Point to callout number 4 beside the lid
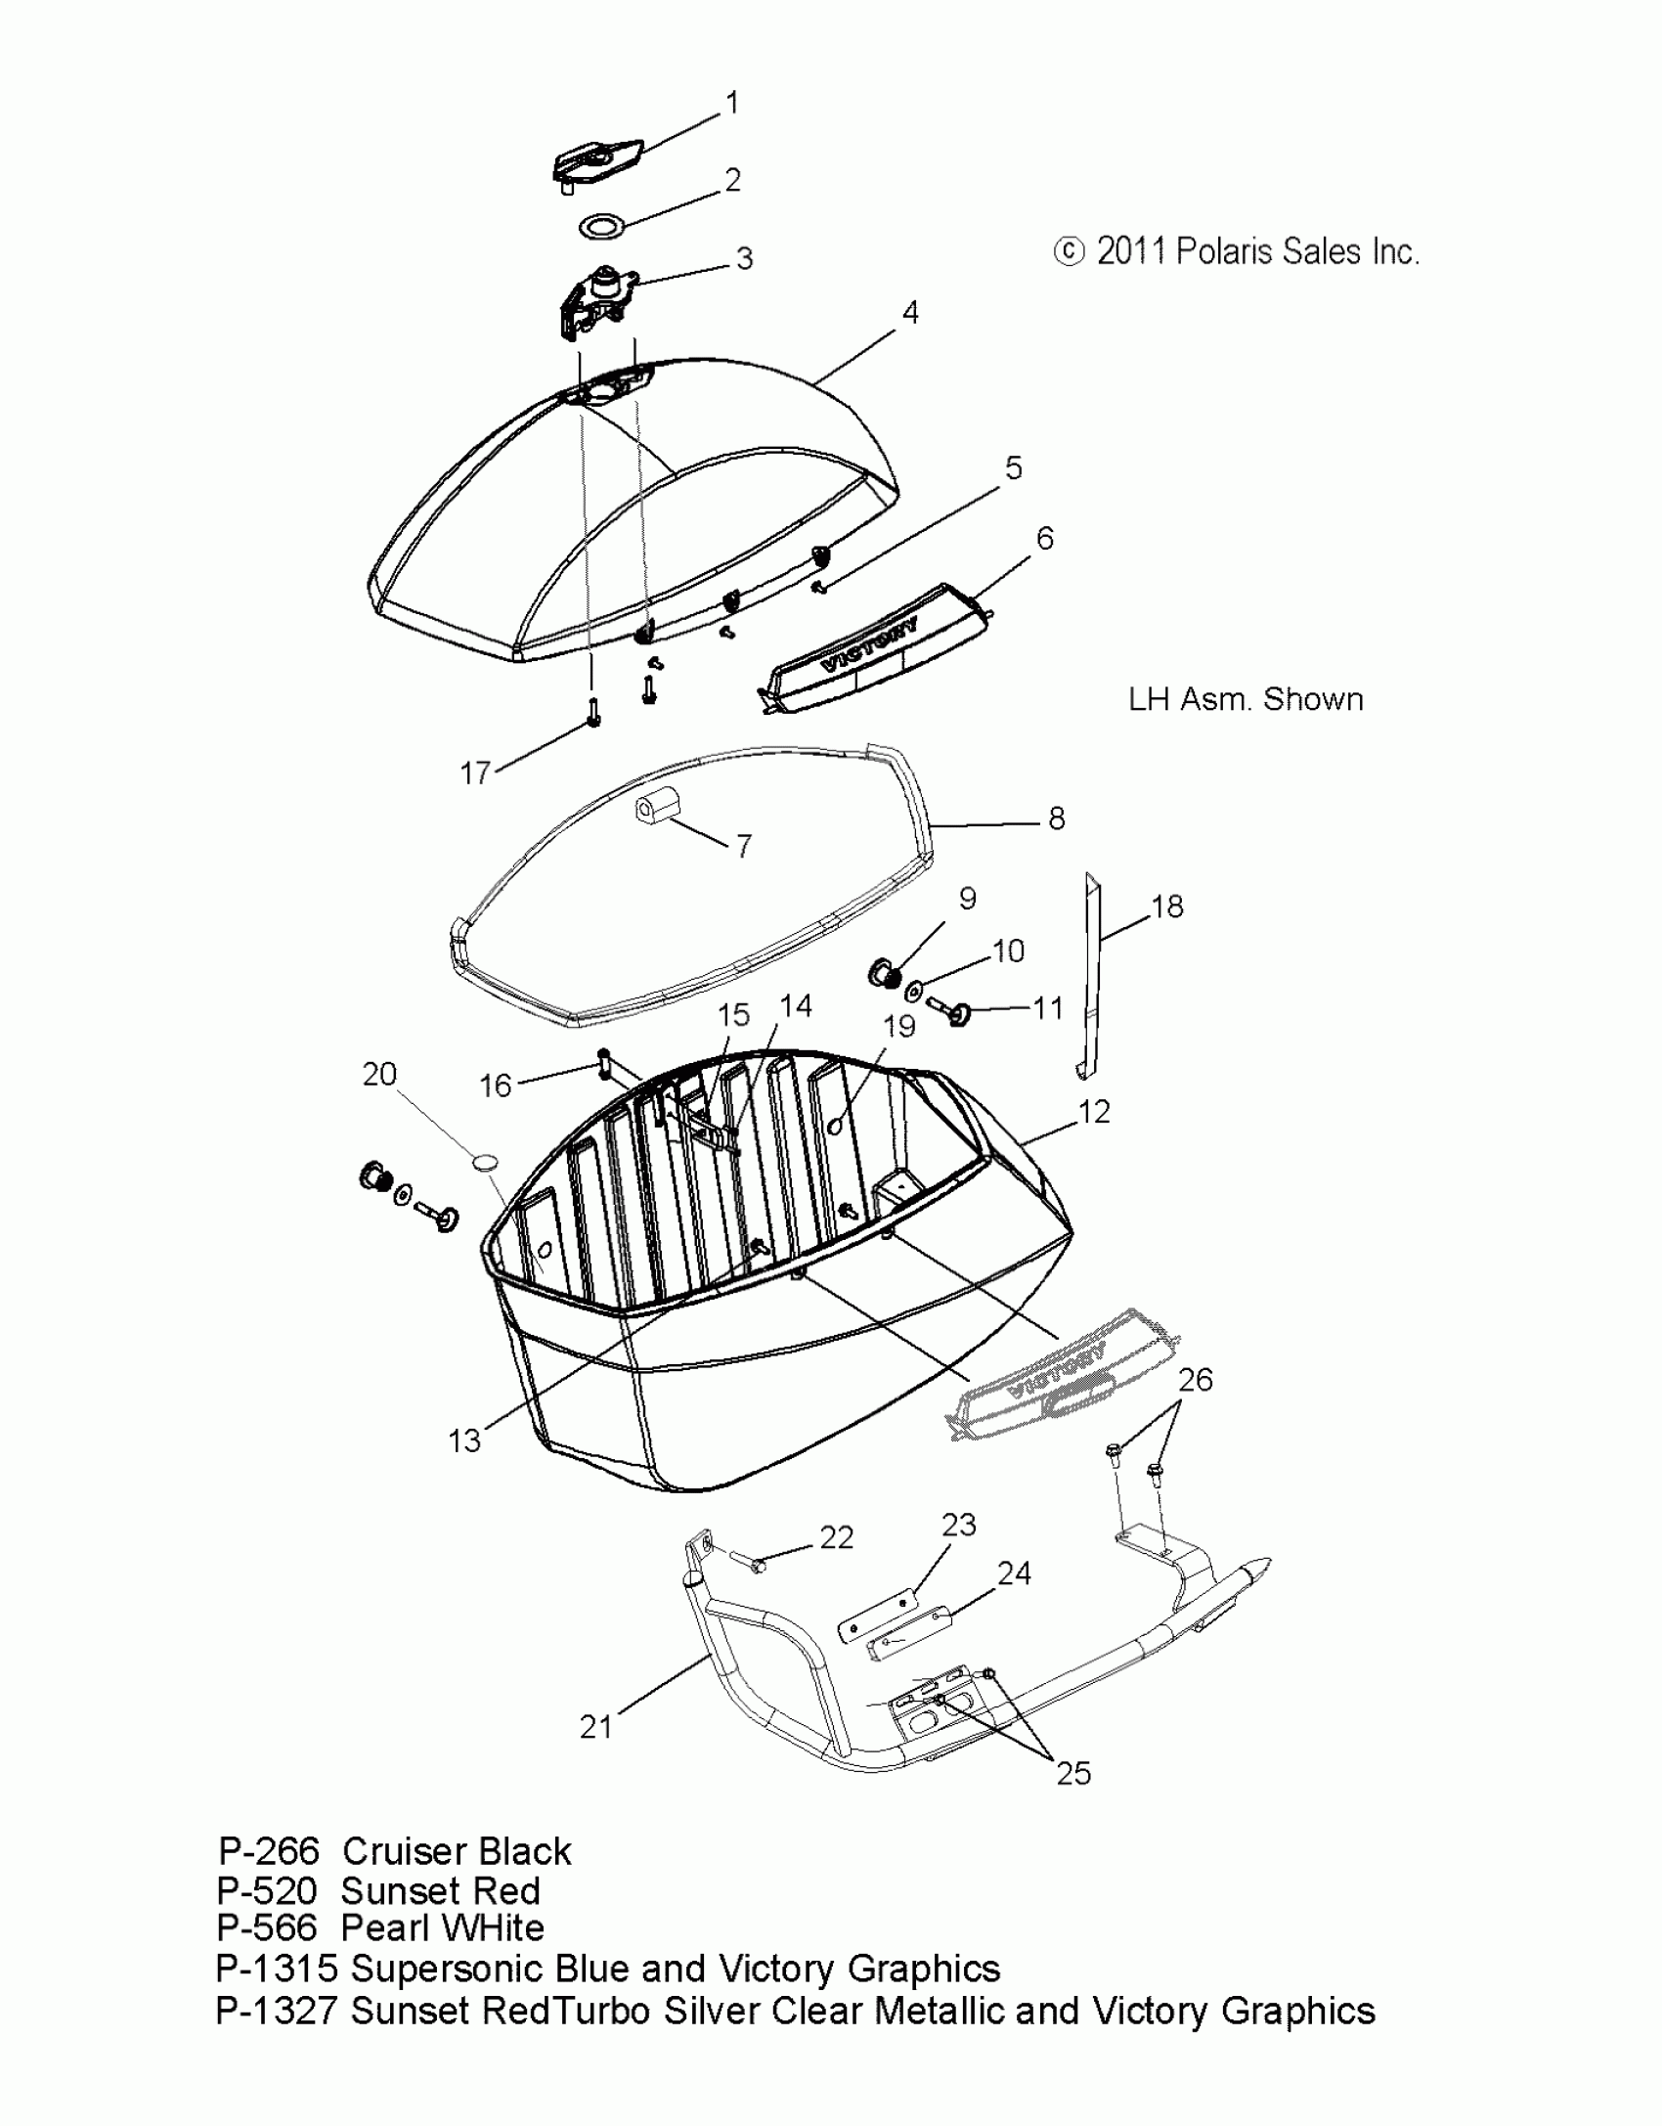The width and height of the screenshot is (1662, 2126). pyautogui.click(x=909, y=313)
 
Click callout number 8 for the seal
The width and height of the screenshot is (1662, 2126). pyautogui.click(x=1056, y=819)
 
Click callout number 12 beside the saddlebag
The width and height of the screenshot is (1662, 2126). pyautogui.click(x=1094, y=1112)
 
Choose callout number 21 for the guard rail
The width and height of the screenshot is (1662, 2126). pyautogui.click(x=596, y=1727)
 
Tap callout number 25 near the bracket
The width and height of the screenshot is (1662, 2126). pyautogui.click(x=1073, y=1773)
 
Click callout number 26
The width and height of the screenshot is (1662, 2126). pyautogui.click(x=1195, y=1380)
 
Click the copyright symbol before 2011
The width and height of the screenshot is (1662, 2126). pyautogui.click(x=1070, y=252)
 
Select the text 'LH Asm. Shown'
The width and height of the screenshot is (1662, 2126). pyautogui.click(x=1246, y=699)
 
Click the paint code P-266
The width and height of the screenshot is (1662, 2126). pyautogui.click(x=269, y=1851)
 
